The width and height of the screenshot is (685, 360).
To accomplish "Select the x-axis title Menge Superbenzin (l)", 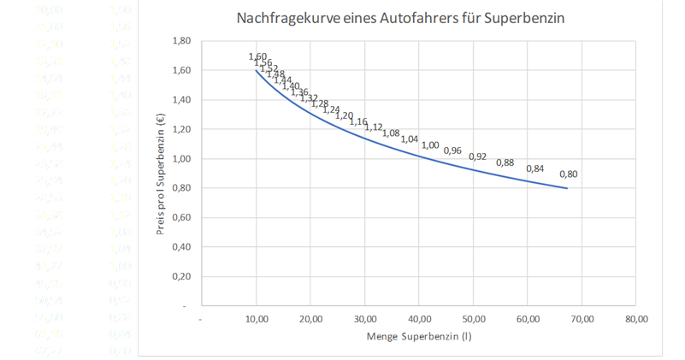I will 418,336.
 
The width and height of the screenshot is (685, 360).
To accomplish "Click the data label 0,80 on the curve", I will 569,174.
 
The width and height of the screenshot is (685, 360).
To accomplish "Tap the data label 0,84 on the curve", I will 535,168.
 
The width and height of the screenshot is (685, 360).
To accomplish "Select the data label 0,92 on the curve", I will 477,156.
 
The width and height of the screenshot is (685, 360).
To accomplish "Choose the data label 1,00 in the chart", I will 431,145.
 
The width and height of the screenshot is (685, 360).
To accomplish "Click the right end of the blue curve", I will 566,188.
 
